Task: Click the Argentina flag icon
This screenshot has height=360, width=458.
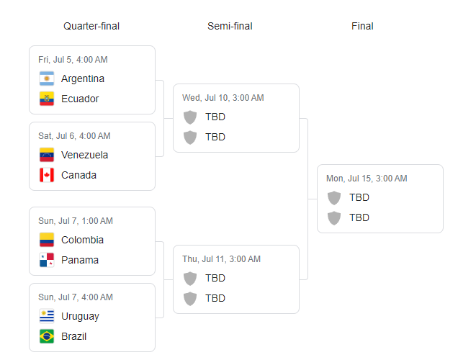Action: click(47, 78)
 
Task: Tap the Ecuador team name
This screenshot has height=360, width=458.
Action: click(80, 99)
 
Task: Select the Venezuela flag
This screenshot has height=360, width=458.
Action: click(47, 155)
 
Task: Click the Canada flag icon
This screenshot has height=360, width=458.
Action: click(47, 175)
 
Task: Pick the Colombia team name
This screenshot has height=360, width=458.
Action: click(82, 240)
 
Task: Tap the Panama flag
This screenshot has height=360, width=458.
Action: click(47, 260)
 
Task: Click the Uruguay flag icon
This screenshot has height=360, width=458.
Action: click(47, 316)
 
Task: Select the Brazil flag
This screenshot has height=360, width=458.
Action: click(47, 336)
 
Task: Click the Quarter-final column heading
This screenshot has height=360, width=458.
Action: click(91, 26)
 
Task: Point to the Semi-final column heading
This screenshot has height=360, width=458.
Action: click(230, 26)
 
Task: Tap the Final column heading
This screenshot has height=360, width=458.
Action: click(362, 26)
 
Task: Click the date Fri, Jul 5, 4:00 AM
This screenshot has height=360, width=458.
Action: click(73, 60)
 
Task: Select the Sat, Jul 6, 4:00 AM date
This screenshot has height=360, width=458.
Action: click(74, 136)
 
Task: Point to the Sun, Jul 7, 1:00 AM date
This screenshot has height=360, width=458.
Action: click(76, 221)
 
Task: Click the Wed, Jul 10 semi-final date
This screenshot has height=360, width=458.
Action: click(223, 98)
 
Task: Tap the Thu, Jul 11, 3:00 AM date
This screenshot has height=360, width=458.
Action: click(221, 259)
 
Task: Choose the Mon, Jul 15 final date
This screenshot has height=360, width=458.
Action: click(367, 179)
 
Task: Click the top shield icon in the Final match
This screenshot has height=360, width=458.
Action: click(334, 198)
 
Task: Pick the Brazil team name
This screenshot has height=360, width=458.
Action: click(74, 336)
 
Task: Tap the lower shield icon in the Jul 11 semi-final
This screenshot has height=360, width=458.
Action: click(190, 299)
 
